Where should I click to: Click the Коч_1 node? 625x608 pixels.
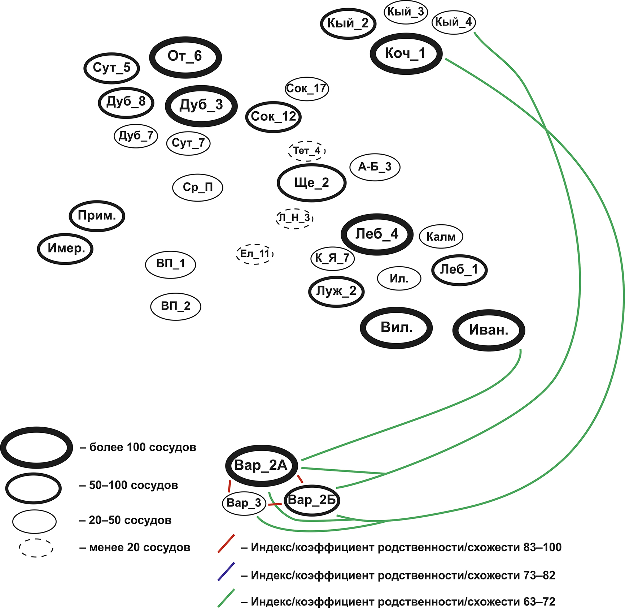coord(406,54)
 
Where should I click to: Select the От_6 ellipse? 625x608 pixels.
coord(185,57)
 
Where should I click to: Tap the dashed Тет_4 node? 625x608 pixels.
coord(307,151)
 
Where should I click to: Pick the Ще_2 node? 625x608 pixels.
coord(311,183)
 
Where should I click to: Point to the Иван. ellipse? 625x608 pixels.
coord(489,330)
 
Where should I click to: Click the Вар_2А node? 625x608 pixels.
coord(261,465)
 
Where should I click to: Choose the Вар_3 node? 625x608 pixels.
coord(244,503)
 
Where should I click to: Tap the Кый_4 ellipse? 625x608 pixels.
coord(454,22)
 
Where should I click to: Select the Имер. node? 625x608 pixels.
coord(65,249)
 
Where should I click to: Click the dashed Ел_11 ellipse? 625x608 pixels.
coord(255,254)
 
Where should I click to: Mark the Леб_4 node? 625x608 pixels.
coord(377,234)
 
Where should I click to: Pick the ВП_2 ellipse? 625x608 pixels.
coord(175,306)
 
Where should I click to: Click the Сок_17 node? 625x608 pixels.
coord(307,89)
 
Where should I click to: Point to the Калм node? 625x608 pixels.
coord(441,237)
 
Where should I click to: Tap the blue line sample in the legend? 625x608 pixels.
coord(226,572)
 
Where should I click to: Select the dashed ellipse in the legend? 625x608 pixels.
coord(36,548)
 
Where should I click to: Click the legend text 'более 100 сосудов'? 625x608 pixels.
coord(143,447)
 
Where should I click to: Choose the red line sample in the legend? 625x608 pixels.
coord(226,544)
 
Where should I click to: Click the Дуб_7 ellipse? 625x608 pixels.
coord(136,136)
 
